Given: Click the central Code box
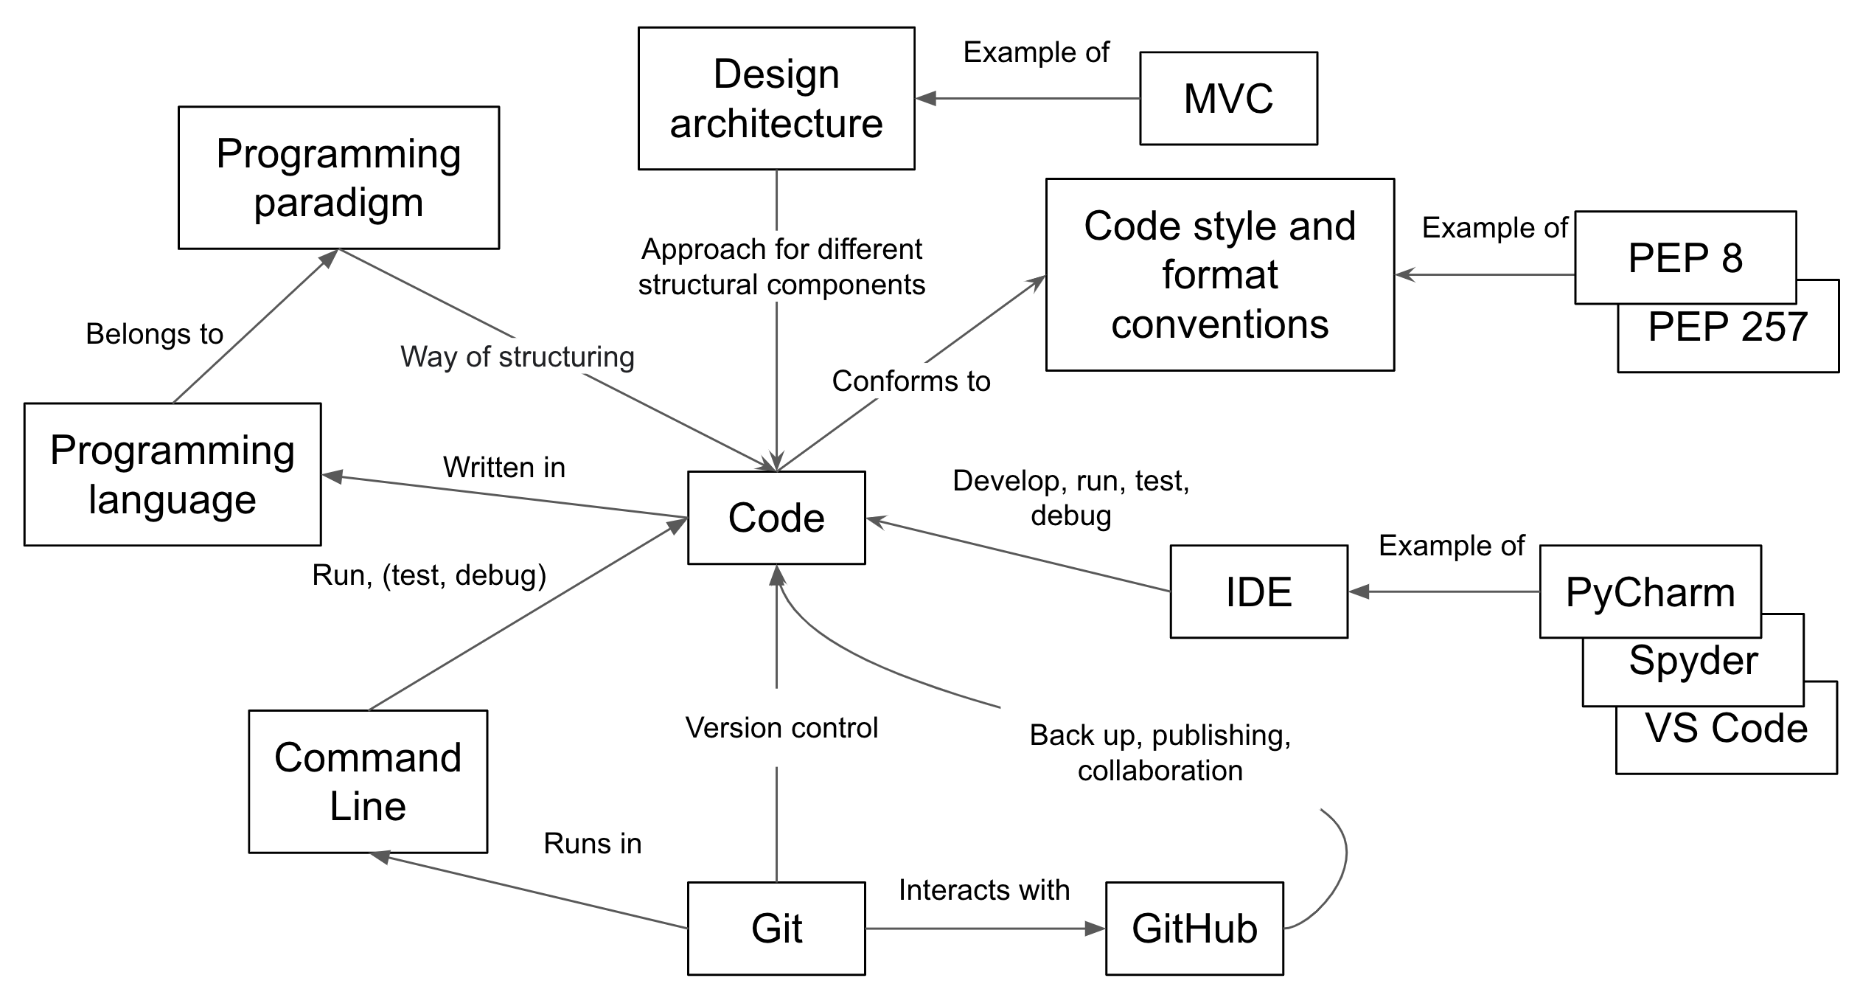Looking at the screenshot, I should coord(776,518).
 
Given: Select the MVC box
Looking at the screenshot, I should coord(1228,98).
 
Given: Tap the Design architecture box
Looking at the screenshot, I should coord(776,98).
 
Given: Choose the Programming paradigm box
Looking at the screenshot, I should coord(338,178).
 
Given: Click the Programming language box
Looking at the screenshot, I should coord(173,474).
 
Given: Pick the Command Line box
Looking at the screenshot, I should coord(368,781).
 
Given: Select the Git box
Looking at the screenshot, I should coord(776,928).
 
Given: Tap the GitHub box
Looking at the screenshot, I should coord(1194,928).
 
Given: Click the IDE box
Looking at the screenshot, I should coord(1258,592).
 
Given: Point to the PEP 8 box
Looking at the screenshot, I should coord(1685,257).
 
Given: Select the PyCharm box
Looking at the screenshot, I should coord(1650,592).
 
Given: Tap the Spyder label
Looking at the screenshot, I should coord(1693,661).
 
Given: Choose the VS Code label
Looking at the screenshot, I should coord(1726,729).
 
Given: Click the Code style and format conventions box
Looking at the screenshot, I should coord(1219,274).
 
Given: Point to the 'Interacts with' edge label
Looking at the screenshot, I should coord(983,890).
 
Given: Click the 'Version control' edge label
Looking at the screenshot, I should coord(781,728).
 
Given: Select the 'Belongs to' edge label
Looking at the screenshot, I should coord(154,334).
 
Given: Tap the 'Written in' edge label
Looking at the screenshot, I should coord(504,468).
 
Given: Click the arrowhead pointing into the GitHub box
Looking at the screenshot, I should coord(1096,929).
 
